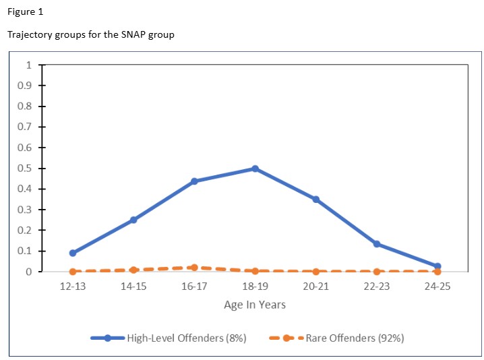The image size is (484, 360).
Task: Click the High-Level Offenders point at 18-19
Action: (255, 169)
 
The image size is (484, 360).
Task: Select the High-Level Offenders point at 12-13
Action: (73, 253)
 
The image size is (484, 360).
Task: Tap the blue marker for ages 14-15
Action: (133, 220)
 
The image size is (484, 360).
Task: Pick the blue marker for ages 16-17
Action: (194, 181)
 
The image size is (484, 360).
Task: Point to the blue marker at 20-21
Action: (315, 200)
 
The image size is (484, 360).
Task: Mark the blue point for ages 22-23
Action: (376, 244)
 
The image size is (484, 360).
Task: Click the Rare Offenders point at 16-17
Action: (194, 268)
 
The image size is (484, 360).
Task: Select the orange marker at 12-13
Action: (73, 272)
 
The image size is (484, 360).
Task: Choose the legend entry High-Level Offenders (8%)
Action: (186, 338)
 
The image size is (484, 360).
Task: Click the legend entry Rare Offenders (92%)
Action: (355, 338)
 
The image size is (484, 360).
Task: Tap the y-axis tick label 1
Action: (28, 65)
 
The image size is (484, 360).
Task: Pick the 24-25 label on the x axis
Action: (437, 287)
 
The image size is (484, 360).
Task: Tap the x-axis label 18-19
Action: (255, 287)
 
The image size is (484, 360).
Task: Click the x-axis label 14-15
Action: (133, 287)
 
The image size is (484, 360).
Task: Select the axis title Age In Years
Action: (255, 305)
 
